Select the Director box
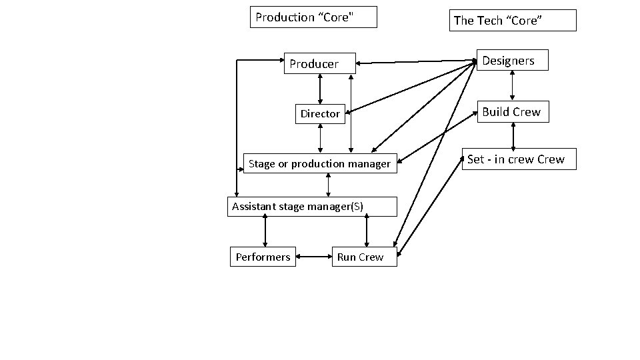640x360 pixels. tap(321, 114)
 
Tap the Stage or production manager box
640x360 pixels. tap(320, 163)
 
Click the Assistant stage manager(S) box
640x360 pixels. tap(313, 207)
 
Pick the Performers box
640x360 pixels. tap(263, 257)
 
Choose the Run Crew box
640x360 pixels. tap(364, 257)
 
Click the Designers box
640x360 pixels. tap(513, 60)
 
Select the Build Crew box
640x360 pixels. tap(513, 111)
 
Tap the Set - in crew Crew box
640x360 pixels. tap(519, 159)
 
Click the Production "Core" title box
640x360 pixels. tap(313, 17)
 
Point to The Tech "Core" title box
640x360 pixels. tap(513, 21)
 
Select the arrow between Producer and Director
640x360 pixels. tap(321, 89)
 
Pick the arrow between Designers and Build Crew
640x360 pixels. tap(512, 85)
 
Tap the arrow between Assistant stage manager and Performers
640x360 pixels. tap(265, 231)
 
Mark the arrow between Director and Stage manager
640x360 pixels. tap(321, 139)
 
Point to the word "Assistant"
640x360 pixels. tap(254, 207)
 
